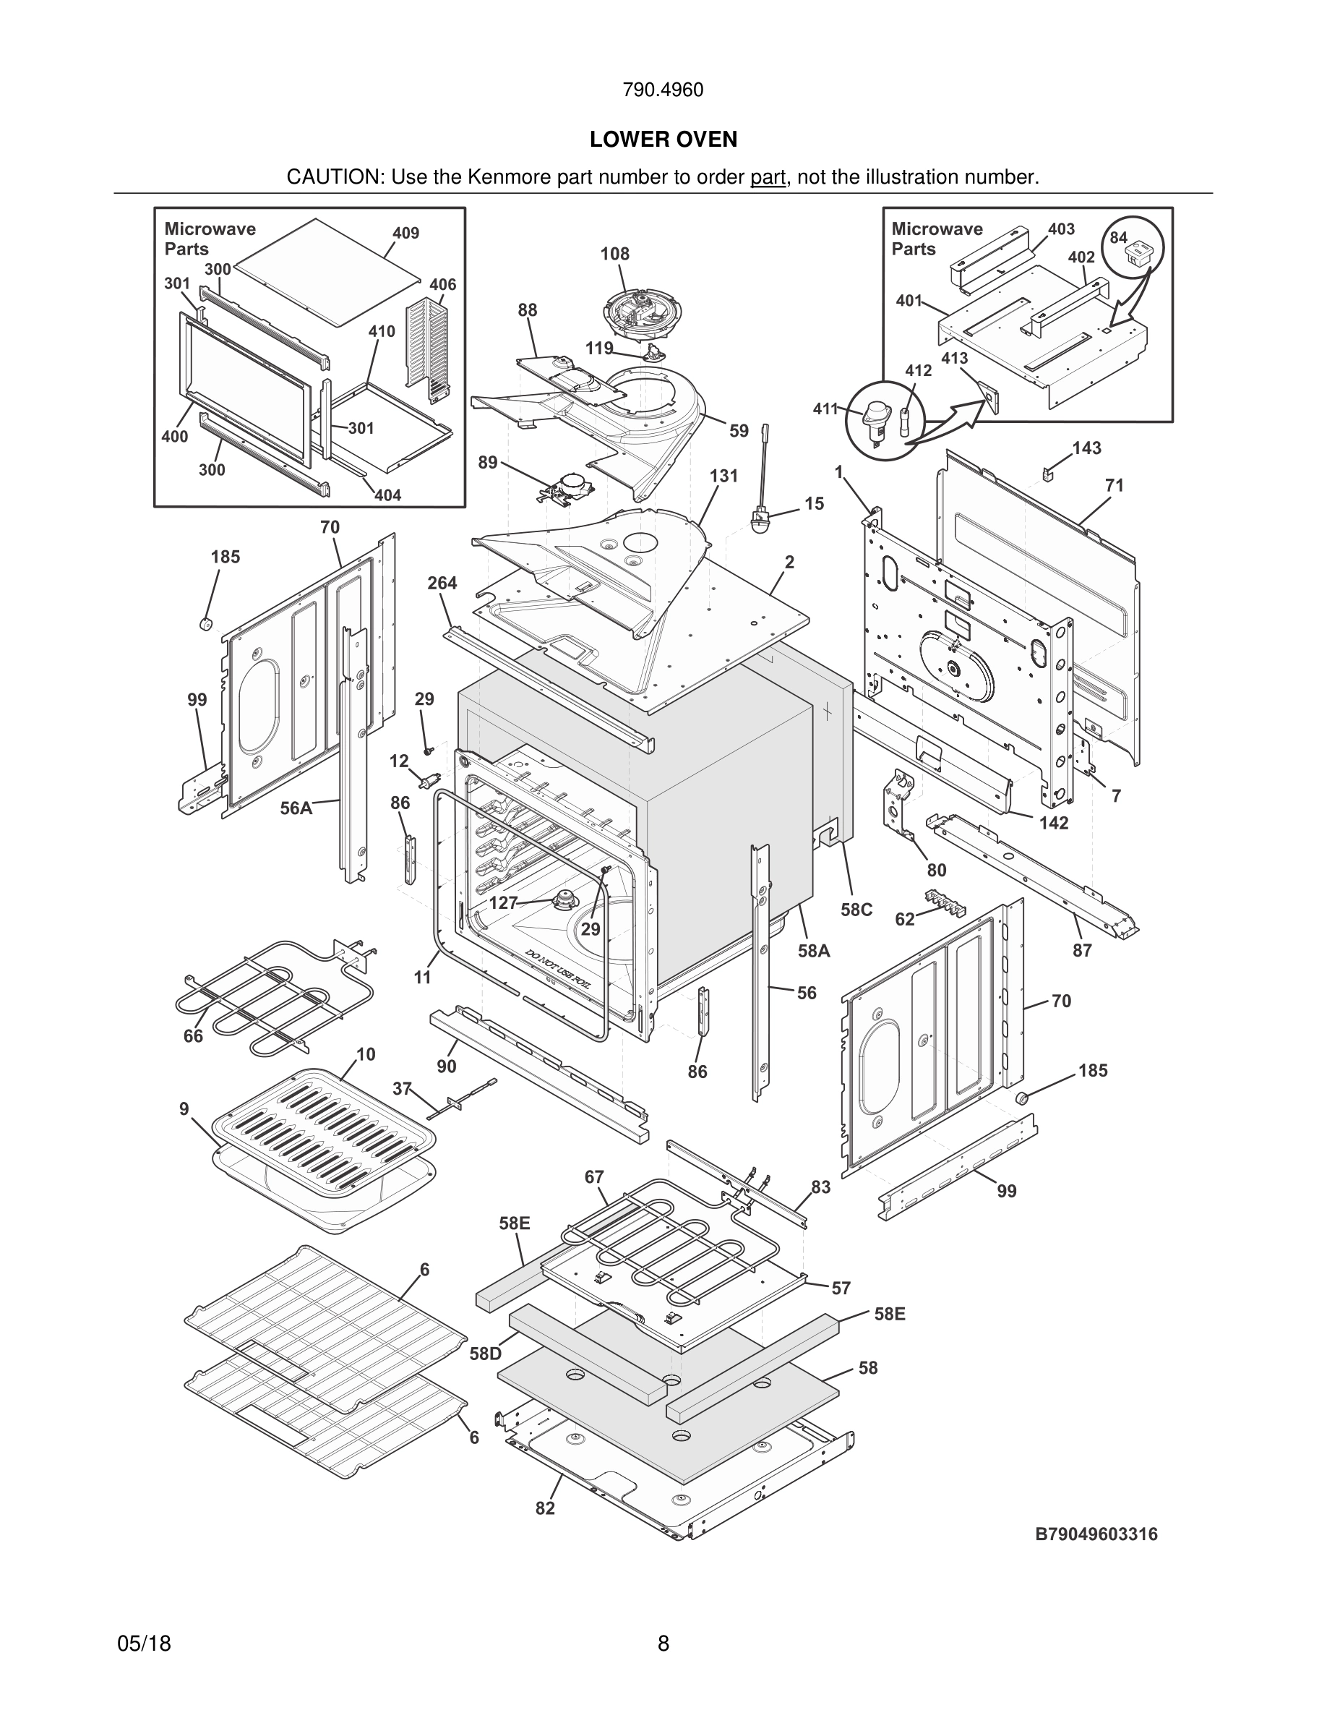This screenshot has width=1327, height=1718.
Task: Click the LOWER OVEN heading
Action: click(663, 140)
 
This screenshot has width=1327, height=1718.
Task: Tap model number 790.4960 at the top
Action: click(663, 90)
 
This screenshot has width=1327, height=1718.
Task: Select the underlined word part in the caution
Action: click(768, 177)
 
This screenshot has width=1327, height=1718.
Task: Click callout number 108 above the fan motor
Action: click(615, 254)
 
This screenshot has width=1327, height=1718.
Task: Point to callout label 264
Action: click(442, 583)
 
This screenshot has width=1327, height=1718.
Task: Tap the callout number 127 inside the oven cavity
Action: click(503, 903)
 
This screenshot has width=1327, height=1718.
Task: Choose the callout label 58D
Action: click(485, 1354)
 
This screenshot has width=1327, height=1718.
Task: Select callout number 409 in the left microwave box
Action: click(405, 233)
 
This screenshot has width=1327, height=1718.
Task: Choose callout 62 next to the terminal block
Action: click(905, 919)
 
